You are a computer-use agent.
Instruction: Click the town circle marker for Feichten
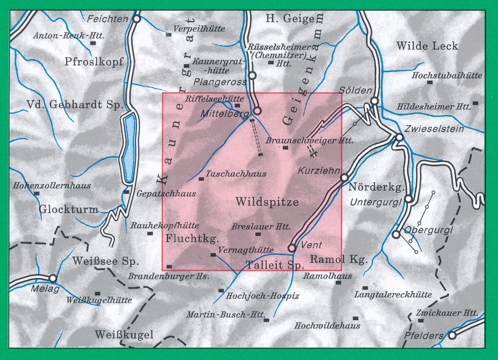click(x=137, y=19)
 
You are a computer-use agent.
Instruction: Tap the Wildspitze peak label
click(x=267, y=202)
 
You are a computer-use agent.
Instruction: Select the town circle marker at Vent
click(x=292, y=248)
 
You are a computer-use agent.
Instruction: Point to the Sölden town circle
click(x=374, y=101)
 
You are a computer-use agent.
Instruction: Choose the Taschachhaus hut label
click(x=236, y=174)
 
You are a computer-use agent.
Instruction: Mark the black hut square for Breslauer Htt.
click(x=258, y=234)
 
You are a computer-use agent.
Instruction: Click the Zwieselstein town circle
click(x=400, y=138)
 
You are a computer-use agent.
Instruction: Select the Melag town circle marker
click(x=53, y=278)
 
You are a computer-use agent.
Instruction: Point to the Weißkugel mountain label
click(x=124, y=335)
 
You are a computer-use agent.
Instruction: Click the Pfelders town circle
click(x=452, y=336)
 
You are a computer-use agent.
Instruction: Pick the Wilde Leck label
click(x=427, y=46)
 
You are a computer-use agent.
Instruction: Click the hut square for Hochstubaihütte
click(x=430, y=82)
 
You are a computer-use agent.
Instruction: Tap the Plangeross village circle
click(x=252, y=75)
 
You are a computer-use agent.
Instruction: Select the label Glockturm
click(x=68, y=209)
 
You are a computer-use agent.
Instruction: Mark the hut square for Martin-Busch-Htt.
click(x=266, y=320)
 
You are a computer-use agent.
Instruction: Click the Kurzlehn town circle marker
click(x=345, y=177)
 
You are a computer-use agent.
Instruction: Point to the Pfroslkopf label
click(x=94, y=62)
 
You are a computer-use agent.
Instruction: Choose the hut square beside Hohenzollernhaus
click(x=37, y=194)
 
